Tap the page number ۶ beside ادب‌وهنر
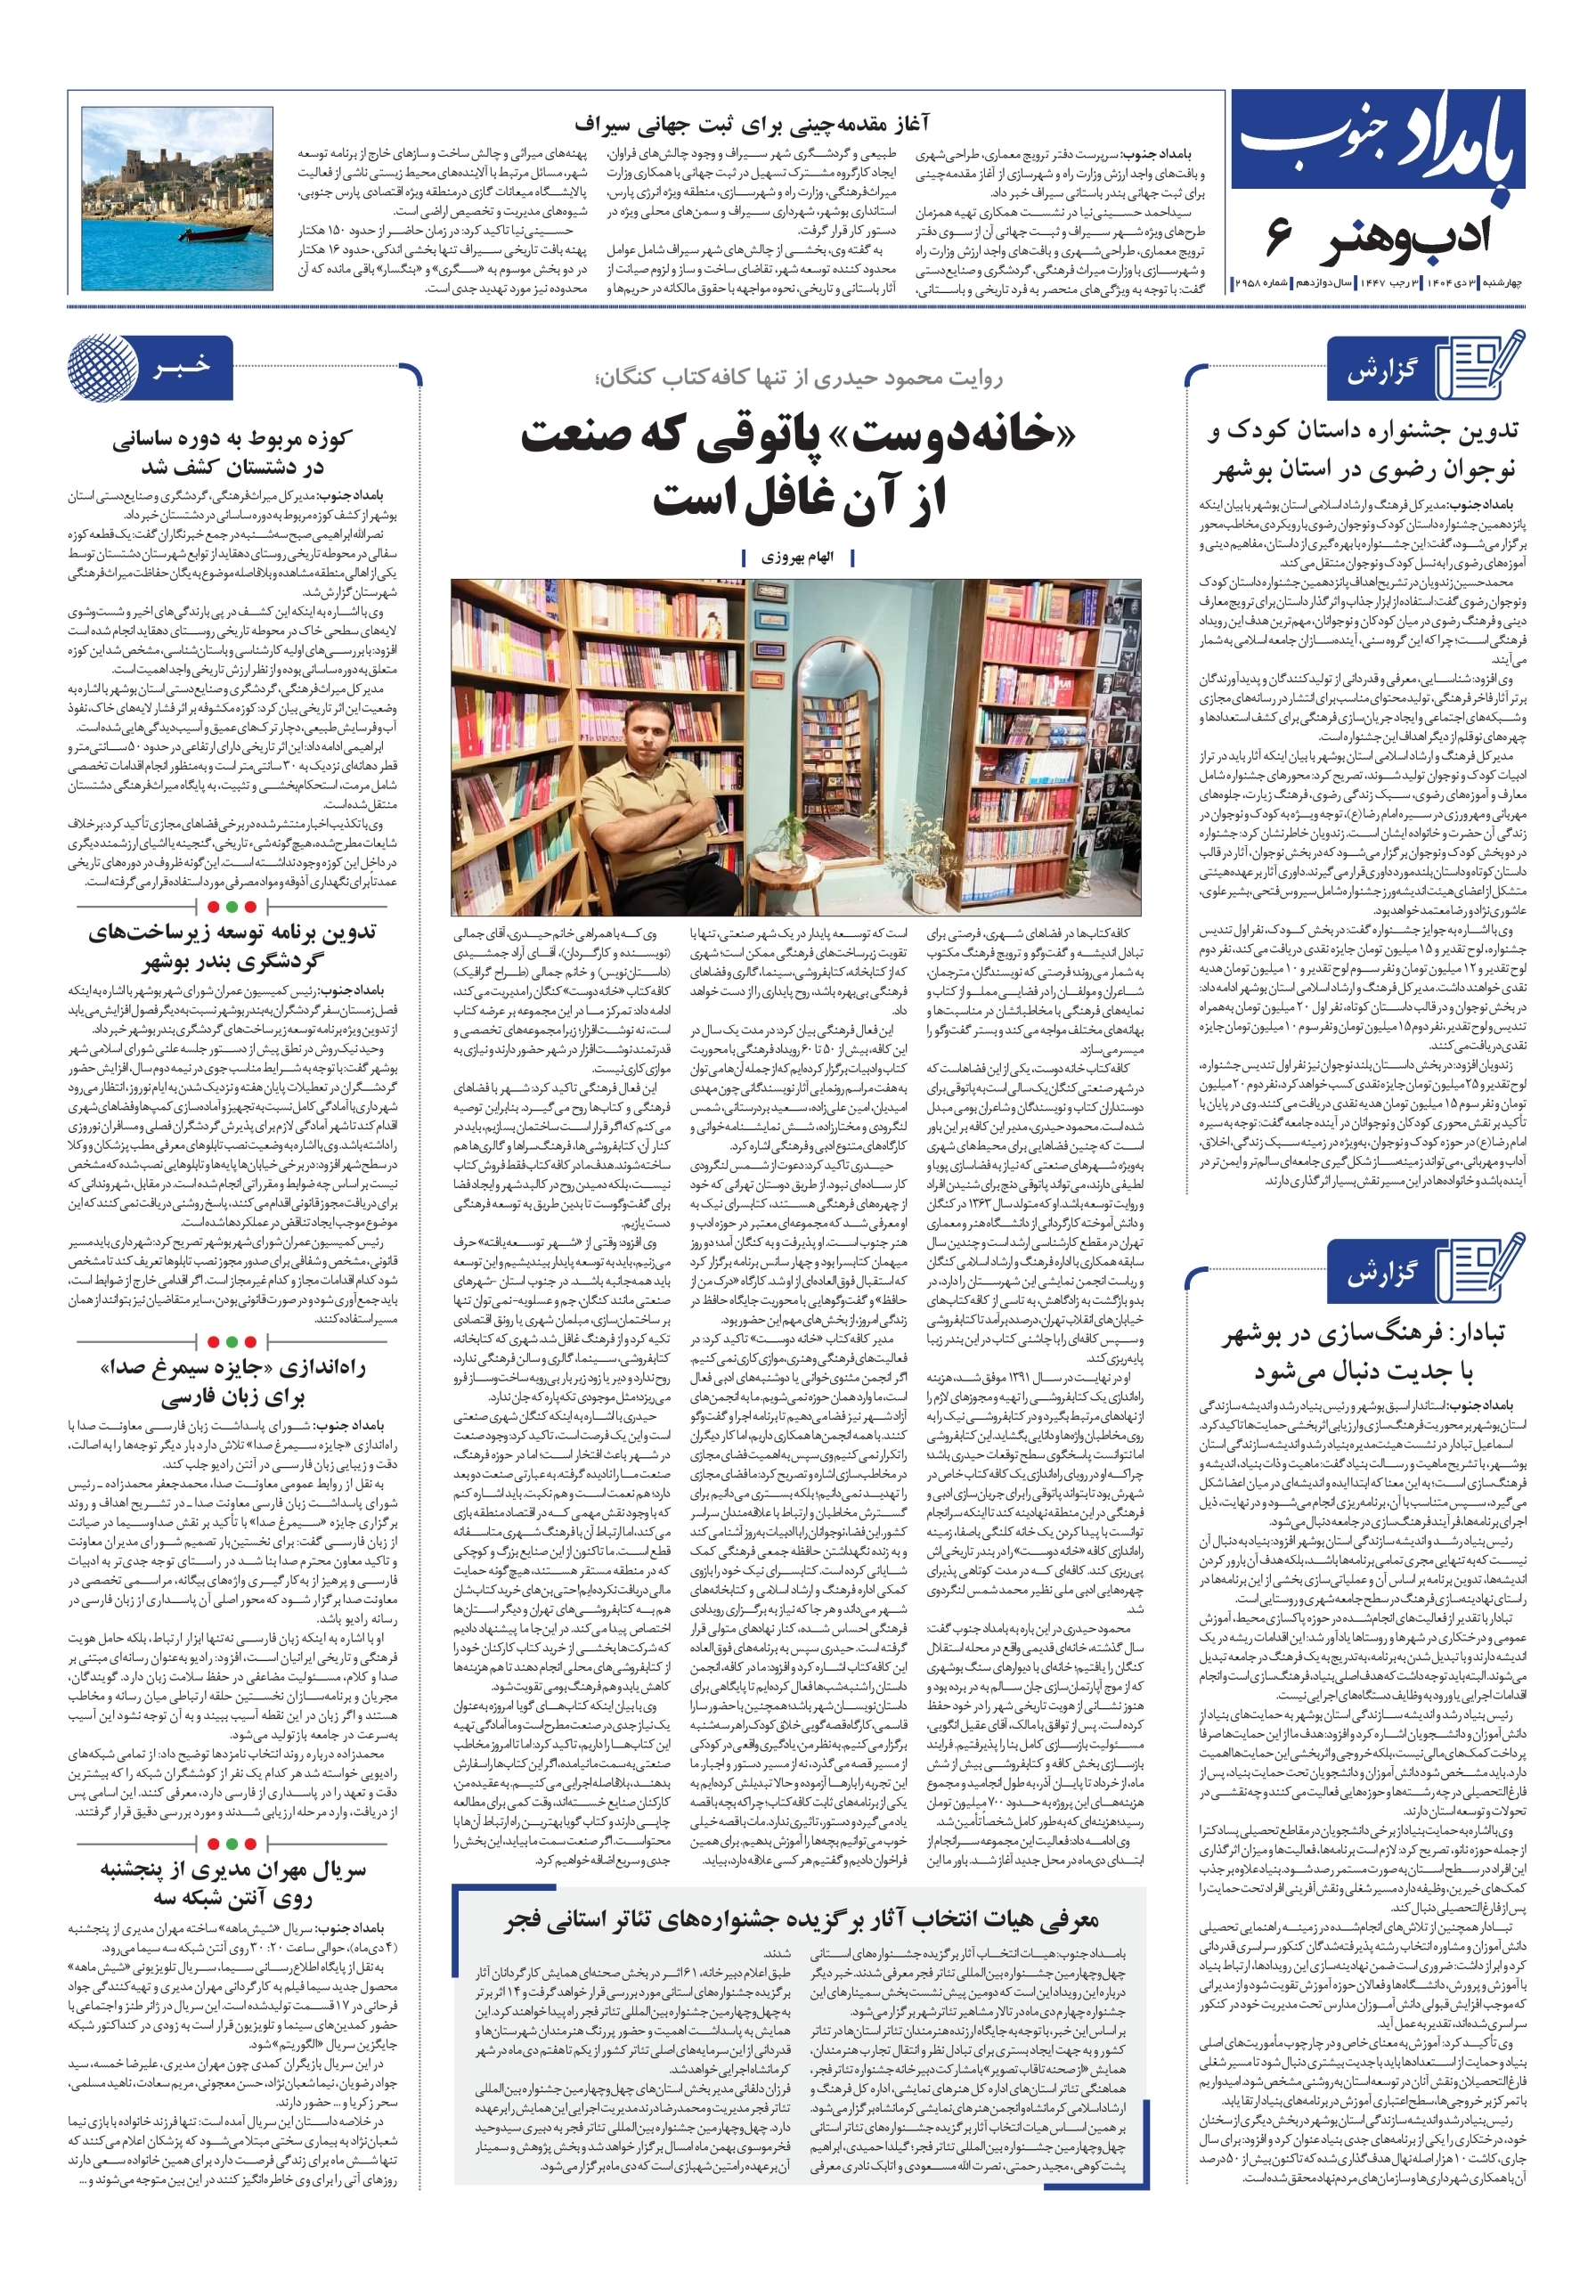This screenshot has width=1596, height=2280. (x=1279, y=235)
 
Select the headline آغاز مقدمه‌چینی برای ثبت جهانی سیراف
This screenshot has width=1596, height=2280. (x=752, y=123)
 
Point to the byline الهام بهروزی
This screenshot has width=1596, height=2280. (x=797, y=558)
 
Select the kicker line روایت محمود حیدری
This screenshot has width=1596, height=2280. (x=797, y=378)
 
